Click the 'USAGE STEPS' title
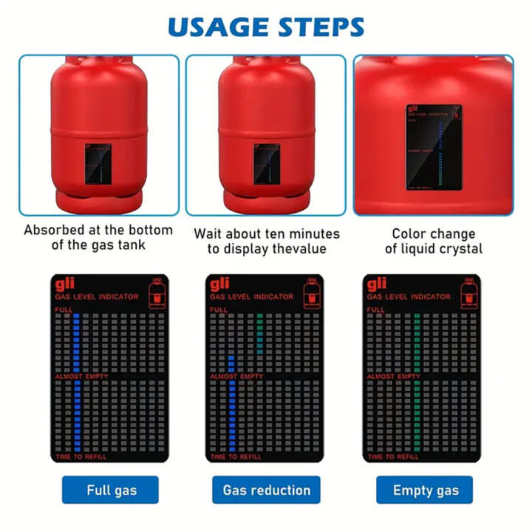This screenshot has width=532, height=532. (266, 27)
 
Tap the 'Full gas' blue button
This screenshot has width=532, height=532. (110, 490)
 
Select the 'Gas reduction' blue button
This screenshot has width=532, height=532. (266, 490)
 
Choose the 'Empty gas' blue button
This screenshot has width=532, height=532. (424, 490)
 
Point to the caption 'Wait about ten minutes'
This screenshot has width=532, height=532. (267, 234)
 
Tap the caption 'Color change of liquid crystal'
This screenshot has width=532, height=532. (433, 241)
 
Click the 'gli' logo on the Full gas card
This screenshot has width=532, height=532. (64, 284)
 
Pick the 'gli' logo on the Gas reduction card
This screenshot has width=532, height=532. (220, 284)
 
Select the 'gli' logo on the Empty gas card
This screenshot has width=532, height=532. (377, 284)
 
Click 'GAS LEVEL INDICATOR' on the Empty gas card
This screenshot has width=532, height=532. (409, 297)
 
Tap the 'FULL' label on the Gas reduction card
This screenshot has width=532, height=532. (218, 310)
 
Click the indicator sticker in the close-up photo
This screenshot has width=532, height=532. (434, 147)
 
